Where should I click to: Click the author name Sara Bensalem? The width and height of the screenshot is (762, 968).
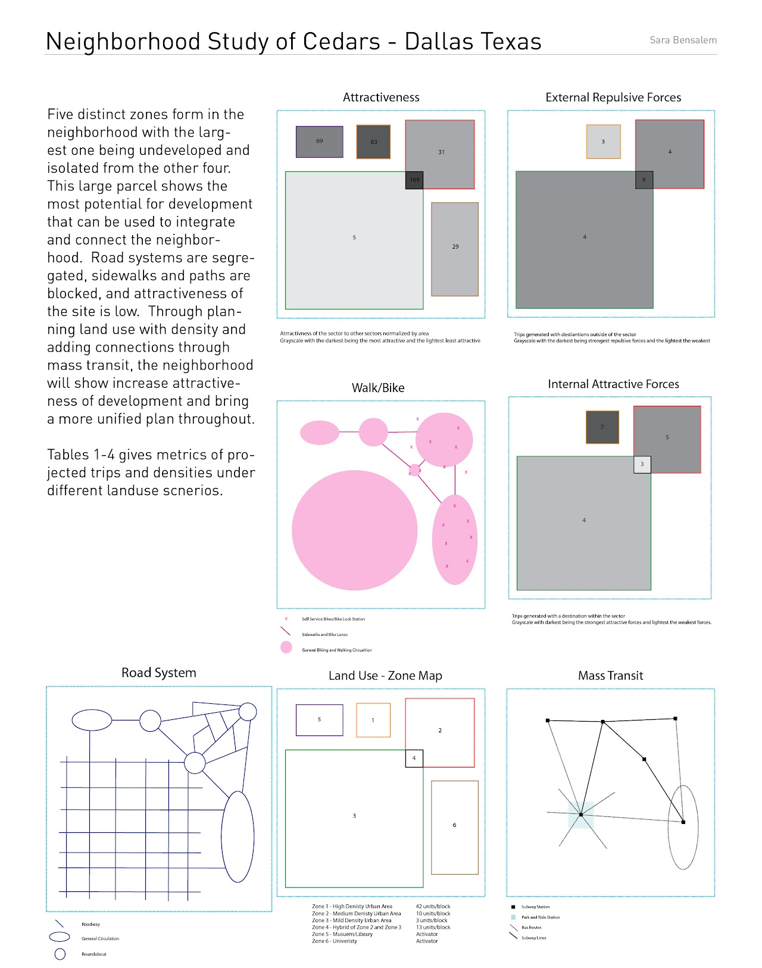point(683,40)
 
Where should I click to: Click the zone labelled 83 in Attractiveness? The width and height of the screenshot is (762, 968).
point(373,142)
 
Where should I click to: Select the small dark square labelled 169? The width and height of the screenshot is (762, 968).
point(414,180)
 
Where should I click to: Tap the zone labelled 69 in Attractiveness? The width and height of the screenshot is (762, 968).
point(320,142)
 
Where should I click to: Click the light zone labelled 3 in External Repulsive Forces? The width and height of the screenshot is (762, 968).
point(603,142)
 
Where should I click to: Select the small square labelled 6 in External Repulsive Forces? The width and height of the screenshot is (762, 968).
point(644,180)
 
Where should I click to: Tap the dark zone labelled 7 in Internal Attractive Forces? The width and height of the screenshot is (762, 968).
point(602,427)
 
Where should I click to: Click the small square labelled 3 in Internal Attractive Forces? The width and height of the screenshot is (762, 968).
point(642,464)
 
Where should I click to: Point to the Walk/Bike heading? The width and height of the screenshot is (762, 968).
point(378,388)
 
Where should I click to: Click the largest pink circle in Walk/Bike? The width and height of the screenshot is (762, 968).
point(355,530)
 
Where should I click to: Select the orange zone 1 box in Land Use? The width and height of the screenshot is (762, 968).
point(373,720)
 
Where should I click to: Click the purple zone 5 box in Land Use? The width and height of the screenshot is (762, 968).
point(320,720)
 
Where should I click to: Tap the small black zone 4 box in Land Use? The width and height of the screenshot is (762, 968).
point(414,758)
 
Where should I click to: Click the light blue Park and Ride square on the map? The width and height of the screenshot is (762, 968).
point(581,815)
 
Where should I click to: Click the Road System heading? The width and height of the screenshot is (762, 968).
point(159,673)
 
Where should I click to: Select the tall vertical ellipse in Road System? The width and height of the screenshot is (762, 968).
point(238,837)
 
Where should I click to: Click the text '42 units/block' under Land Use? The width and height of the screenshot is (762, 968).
point(433,907)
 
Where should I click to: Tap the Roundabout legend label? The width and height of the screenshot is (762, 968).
point(94,954)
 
